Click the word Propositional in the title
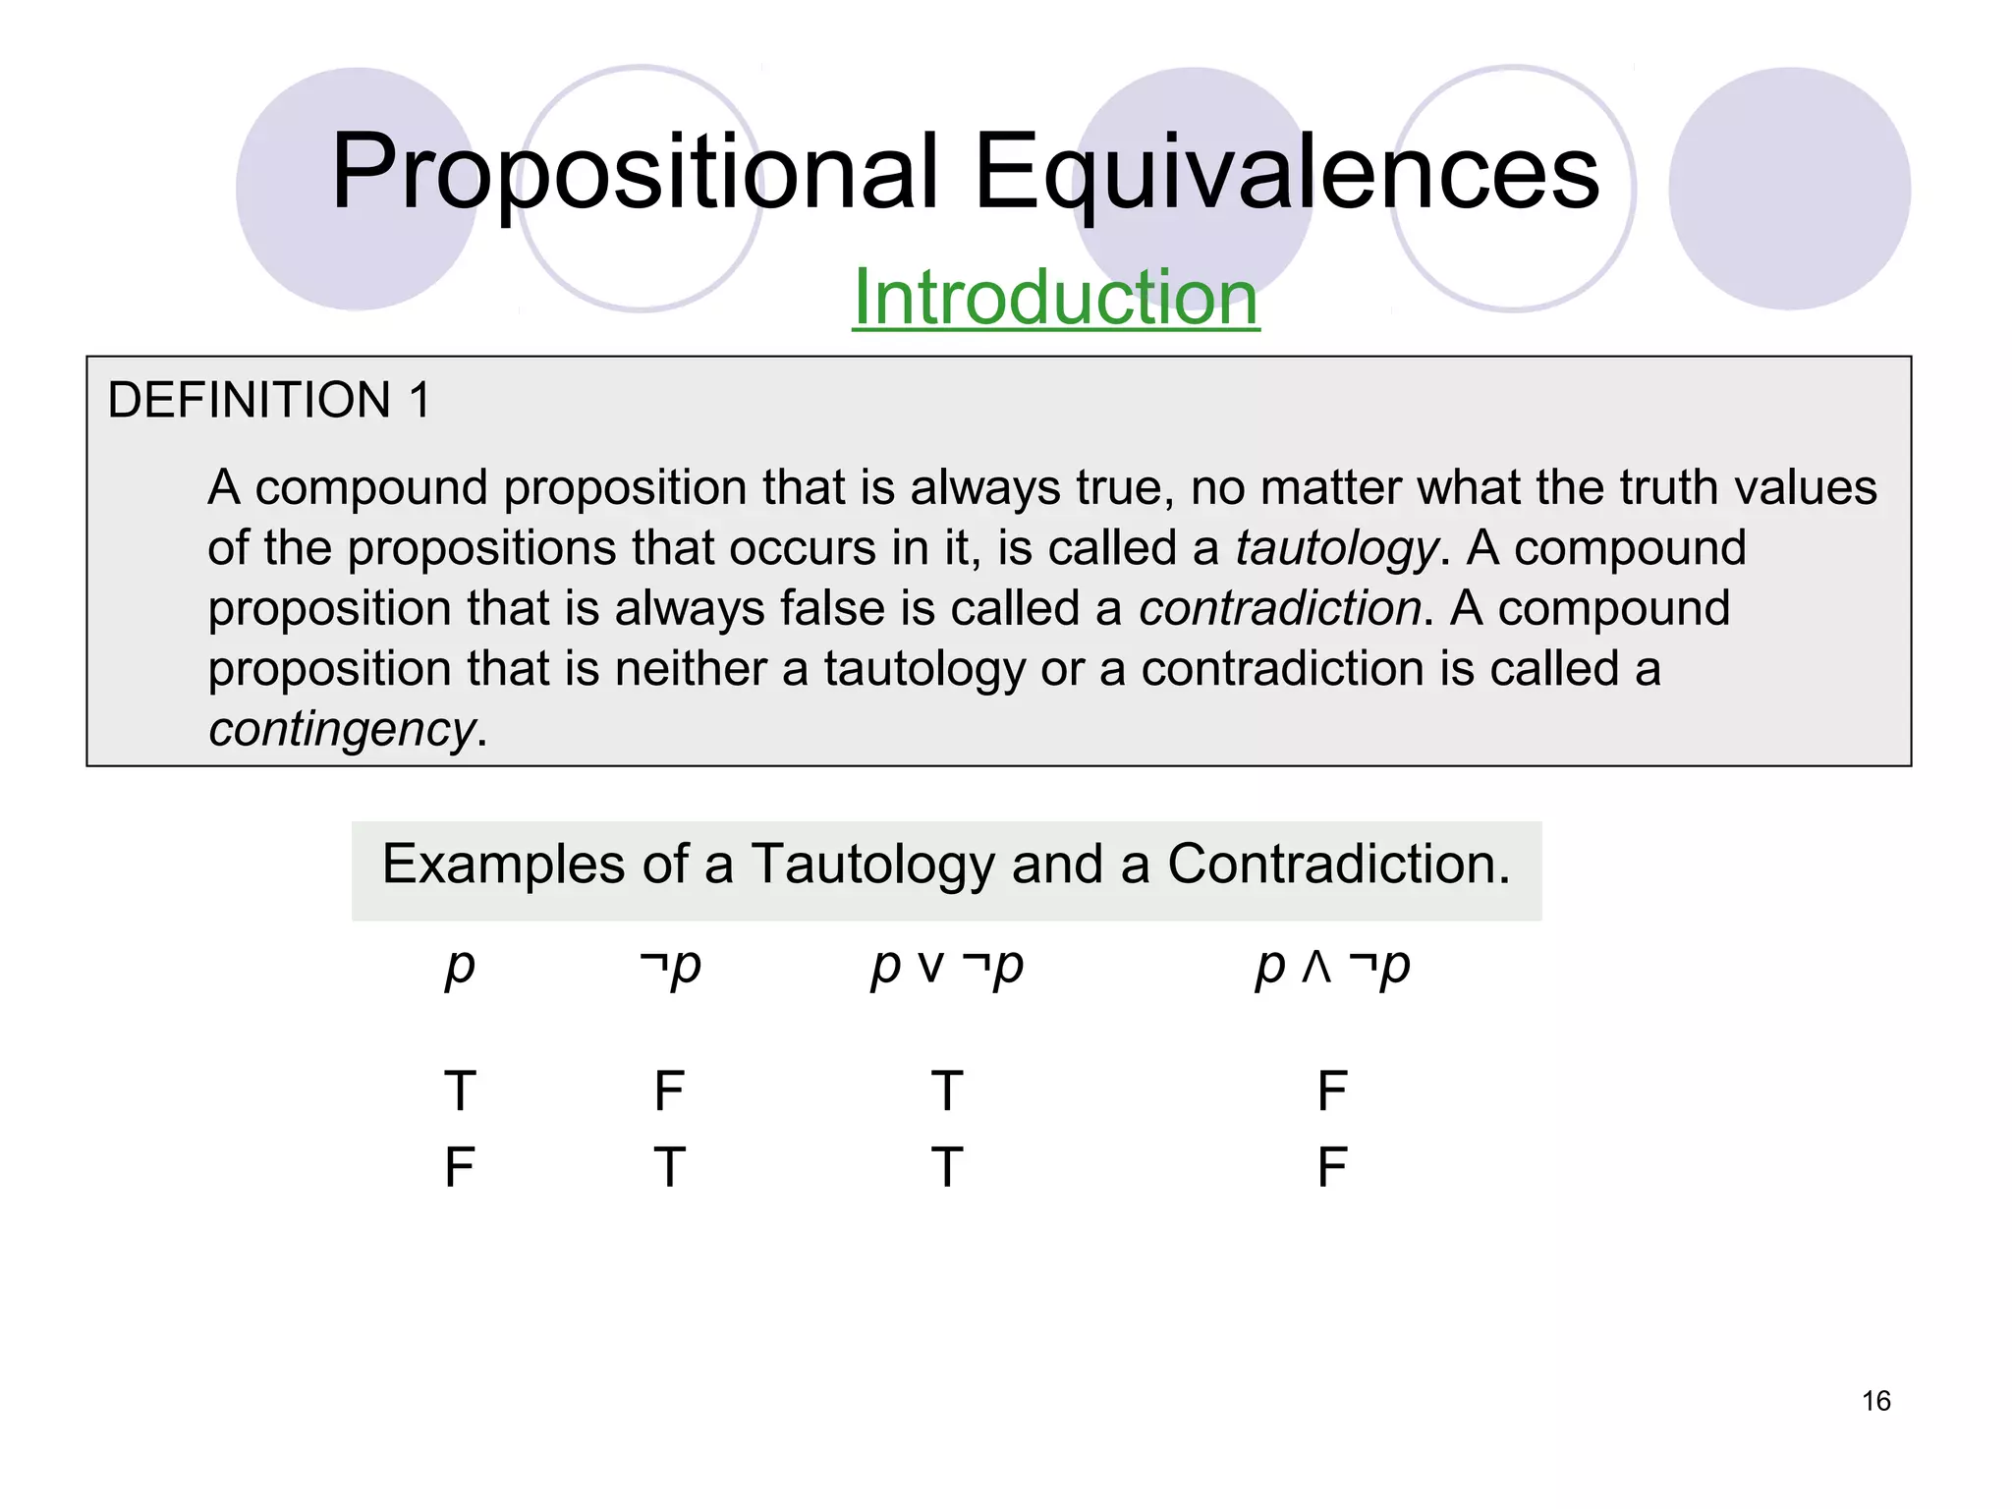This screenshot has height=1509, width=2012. (635, 173)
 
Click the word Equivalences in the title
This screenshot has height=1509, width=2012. (1287, 173)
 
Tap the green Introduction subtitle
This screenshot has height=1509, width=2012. (1055, 297)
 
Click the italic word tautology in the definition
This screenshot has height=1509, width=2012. (1337, 548)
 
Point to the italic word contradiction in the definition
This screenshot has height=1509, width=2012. (1280, 608)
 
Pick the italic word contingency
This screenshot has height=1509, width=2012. (342, 729)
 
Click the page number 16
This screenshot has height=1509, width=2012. (1875, 1401)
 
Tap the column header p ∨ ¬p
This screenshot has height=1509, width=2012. (947, 967)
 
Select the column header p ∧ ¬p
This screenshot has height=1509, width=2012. (1332, 967)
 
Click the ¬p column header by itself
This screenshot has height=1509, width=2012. (670, 967)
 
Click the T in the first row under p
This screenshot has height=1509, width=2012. (460, 1091)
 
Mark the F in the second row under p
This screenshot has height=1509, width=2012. (460, 1168)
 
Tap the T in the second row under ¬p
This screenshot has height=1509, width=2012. (670, 1168)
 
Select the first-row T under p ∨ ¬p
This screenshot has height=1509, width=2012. (947, 1091)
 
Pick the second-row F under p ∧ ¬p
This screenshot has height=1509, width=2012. (1332, 1168)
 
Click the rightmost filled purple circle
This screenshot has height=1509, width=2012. (1789, 189)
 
